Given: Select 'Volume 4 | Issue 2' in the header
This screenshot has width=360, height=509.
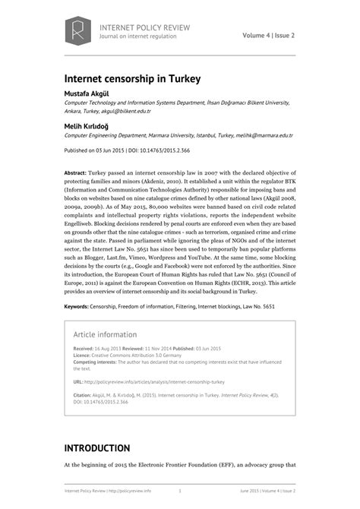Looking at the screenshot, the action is pyautogui.click(x=269, y=35).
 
